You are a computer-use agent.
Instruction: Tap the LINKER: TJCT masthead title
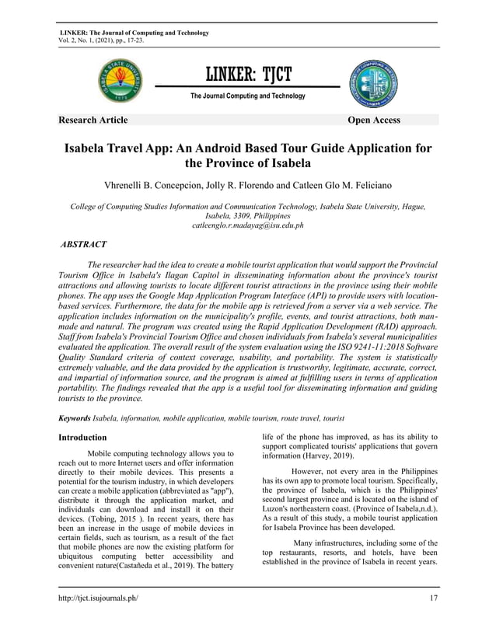click(248, 75)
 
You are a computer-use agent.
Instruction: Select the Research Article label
click(93, 120)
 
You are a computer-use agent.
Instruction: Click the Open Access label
click(374, 120)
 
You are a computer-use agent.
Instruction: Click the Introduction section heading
click(83, 438)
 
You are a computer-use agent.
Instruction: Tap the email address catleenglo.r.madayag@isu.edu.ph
click(247, 225)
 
